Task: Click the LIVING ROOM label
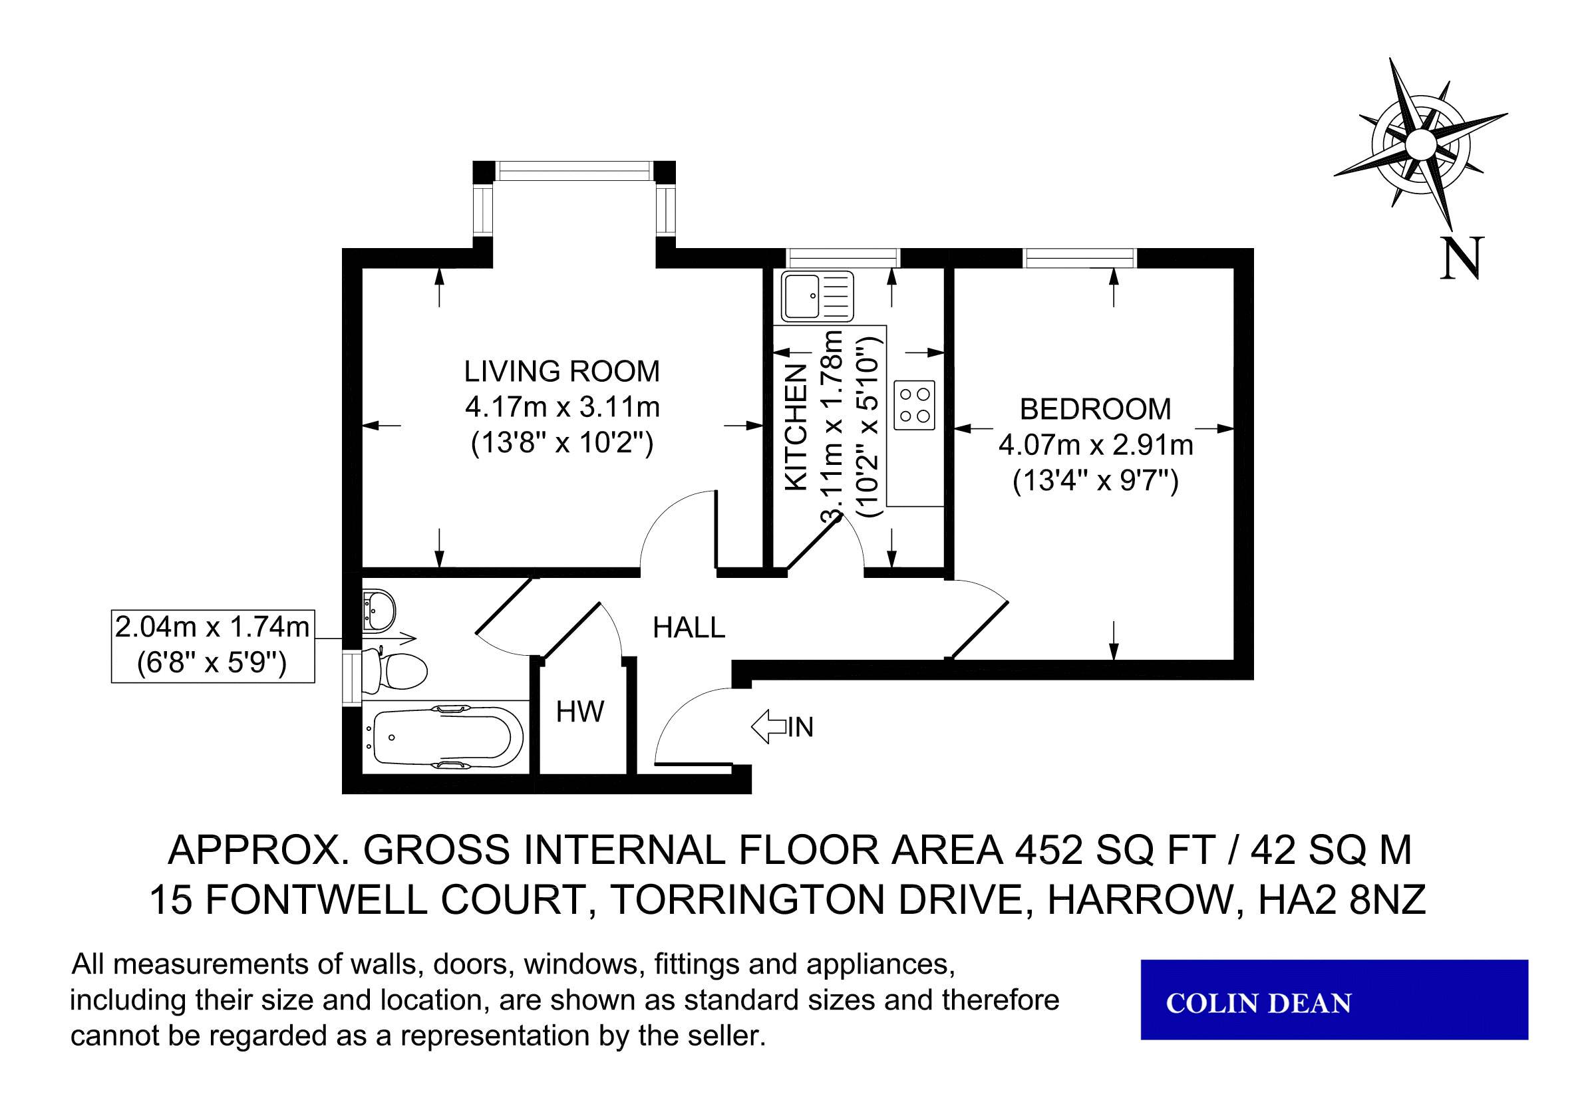coord(561,372)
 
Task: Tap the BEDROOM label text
coord(1096,410)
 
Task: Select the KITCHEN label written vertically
coord(797,428)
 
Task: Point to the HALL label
coord(689,628)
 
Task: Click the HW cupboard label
coord(580,712)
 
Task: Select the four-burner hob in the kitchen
coord(915,404)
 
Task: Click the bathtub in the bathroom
coord(442,736)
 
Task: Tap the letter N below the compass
coord(1462,258)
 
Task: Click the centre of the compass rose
coord(1420,144)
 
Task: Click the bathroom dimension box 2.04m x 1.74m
coord(213,646)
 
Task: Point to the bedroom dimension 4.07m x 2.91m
coord(1096,446)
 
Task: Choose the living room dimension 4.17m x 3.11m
coord(562,408)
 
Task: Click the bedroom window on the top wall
coord(1080,257)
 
